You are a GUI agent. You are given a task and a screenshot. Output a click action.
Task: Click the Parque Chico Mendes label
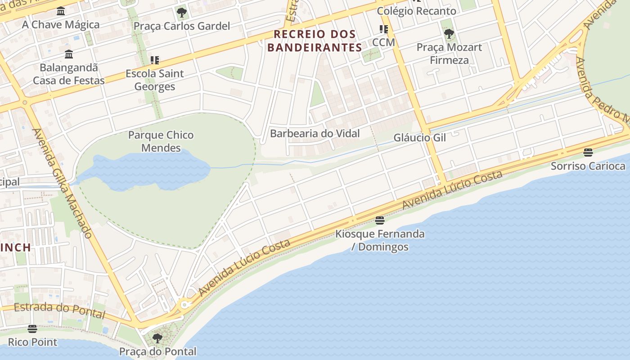[161, 141]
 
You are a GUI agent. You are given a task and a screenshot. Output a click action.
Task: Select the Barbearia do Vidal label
[315, 134]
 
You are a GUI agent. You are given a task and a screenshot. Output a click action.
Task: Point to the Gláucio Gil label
[419, 138]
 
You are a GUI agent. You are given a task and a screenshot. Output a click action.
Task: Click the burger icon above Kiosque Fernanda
[380, 220]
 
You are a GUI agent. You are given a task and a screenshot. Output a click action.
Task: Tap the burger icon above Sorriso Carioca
[588, 153]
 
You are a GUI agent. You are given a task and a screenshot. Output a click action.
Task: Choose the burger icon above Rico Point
[32, 329]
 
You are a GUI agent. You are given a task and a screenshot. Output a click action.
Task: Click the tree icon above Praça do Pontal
[157, 338]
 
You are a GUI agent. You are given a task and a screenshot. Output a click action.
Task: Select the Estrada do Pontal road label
[59, 310]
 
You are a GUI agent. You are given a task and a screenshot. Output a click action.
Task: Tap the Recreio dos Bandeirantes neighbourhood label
[315, 40]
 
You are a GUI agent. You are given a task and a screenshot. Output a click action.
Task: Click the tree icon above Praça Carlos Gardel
[181, 12]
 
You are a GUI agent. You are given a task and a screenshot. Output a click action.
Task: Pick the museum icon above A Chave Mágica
[61, 11]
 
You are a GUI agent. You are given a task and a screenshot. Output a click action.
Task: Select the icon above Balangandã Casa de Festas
[69, 54]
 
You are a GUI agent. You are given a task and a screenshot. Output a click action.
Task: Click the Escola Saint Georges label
[154, 80]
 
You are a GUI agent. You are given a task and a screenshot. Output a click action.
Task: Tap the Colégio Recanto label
[416, 11]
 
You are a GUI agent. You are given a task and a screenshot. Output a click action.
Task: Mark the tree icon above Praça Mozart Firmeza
[449, 33]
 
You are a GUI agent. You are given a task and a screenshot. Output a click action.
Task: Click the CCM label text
[383, 42]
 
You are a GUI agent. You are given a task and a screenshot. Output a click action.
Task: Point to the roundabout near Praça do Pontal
[184, 305]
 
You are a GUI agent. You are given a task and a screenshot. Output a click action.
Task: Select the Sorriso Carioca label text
[588, 166]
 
